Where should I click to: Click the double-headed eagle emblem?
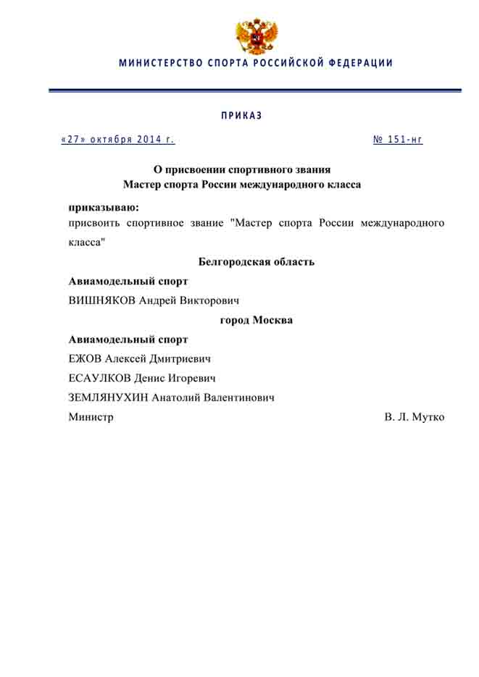(x=257, y=37)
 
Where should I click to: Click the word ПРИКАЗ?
(x=241, y=116)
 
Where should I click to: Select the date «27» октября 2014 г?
(x=118, y=140)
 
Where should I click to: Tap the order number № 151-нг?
(x=398, y=140)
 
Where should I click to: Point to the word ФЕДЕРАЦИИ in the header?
(x=360, y=63)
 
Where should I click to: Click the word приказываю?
(x=104, y=207)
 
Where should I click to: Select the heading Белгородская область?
(x=257, y=262)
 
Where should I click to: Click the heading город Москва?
(x=257, y=319)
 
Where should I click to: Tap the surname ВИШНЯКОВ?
(x=101, y=300)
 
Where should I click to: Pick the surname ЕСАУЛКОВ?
(x=100, y=378)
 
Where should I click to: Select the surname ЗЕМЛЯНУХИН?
(x=109, y=398)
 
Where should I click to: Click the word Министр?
(x=91, y=417)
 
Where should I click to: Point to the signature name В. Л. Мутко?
(x=415, y=417)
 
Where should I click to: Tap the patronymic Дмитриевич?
(x=180, y=358)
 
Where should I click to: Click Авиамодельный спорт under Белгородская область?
(x=128, y=281)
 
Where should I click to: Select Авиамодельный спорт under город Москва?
(x=128, y=339)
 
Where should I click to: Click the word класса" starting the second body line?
(x=87, y=242)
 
